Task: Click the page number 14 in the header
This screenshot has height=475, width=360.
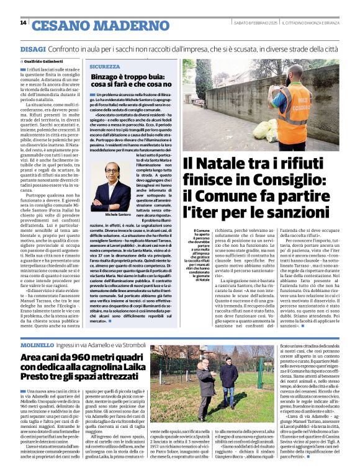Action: click(23, 22)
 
